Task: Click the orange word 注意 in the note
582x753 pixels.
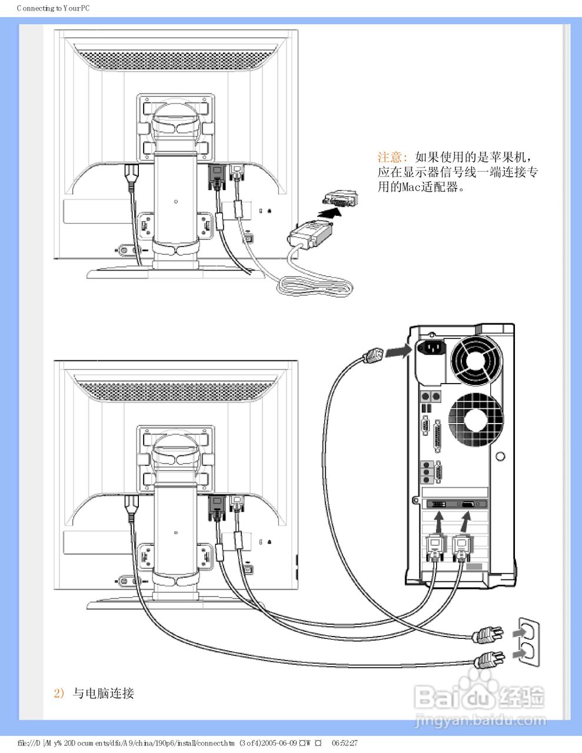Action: (x=390, y=157)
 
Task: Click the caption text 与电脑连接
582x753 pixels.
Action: (x=104, y=693)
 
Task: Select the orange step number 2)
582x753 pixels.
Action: (x=59, y=693)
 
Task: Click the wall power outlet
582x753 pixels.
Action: (x=528, y=642)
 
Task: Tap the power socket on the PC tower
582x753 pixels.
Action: (x=431, y=349)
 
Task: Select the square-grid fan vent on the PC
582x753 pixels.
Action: (x=475, y=419)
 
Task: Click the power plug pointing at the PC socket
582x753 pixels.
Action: (x=374, y=355)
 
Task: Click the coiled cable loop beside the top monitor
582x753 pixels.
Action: (x=315, y=287)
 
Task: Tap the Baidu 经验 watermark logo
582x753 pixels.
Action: (x=479, y=698)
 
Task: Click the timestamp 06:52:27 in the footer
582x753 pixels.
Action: (x=344, y=743)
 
